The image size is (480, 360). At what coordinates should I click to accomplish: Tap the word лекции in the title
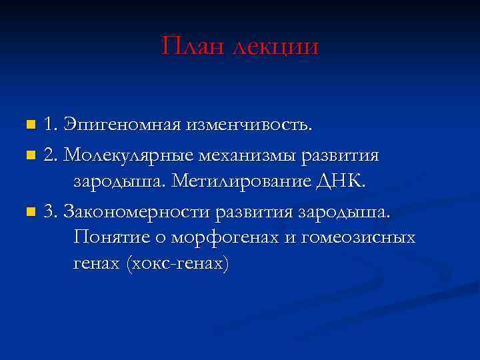pos(275,47)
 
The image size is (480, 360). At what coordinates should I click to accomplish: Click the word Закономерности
pos(137,212)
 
